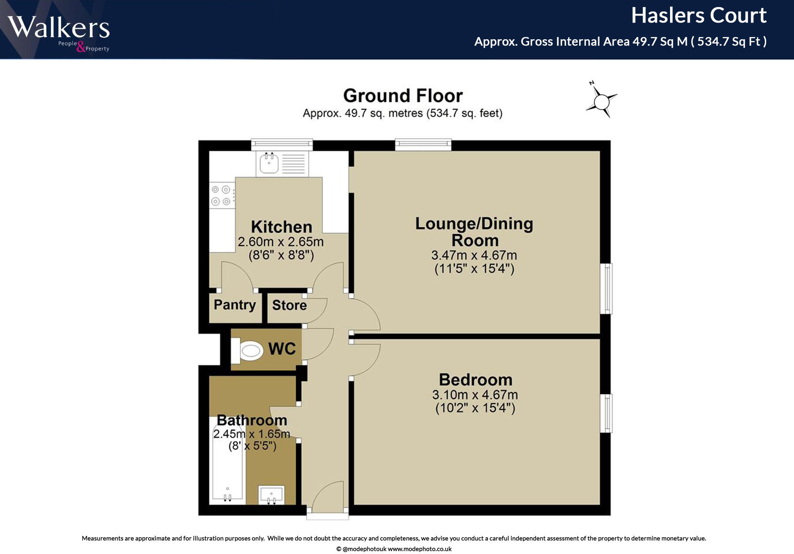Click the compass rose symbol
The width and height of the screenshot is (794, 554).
pyautogui.click(x=602, y=102)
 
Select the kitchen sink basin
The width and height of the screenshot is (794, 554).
pyautogui.click(x=269, y=164)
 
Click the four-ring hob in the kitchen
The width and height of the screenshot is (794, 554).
pyautogui.click(x=221, y=195)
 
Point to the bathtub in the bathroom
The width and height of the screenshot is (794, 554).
pyautogui.click(x=227, y=461)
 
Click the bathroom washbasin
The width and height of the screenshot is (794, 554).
pyautogui.click(x=271, y=494)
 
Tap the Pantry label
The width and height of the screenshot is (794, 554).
pyautogui.click(x=235, y=305)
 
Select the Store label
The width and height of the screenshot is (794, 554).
pyautogui.click(x=289, y=305)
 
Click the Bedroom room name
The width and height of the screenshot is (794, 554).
pyautogui.click(x=476, y=380)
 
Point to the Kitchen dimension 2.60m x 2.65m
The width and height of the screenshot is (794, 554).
pyautogui.click(x=281, y=242)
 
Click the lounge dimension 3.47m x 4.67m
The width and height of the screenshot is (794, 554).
pyautogui.click(x=474, y=255)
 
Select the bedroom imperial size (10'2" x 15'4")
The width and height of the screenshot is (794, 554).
pyautogui.click(x=475, y=408)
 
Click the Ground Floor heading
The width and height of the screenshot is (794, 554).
pyautogui.click(x=403, y=96)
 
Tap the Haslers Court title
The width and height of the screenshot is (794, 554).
pyautogui.click(x=699, y=16)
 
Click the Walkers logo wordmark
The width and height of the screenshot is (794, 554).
pyautogui.click(x=59, y=27)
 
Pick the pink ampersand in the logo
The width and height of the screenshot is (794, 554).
pyautogui.click(x=81, y=46)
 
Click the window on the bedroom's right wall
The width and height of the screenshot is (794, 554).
pyautogui.click(x=607, y=413)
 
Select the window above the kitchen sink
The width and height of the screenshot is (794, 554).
pyautogui.click(x=282, y=144)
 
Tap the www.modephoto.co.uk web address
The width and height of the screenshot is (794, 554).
pyautogui.click(x=419, y=549)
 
